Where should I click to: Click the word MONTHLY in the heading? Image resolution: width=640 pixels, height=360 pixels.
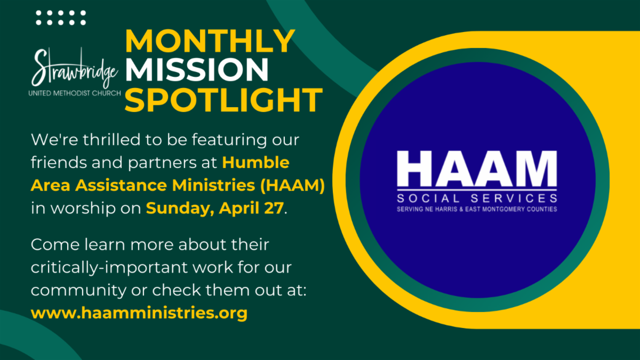(x=210, y=41)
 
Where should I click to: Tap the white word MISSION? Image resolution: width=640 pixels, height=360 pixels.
(x=197, y=70)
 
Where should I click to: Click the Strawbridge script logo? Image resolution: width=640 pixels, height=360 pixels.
(x=75, y=68)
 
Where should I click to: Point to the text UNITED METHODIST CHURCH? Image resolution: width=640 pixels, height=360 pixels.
(x=75, y=93)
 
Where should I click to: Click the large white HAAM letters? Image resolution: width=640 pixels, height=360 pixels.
(x=477, y=169)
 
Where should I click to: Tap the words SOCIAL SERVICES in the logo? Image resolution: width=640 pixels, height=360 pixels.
(x=477, y=198)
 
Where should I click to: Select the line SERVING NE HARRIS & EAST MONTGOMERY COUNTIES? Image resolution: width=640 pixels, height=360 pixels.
(x=477, y=209)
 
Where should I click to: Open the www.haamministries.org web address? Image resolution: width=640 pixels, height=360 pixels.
(x=139, y=313)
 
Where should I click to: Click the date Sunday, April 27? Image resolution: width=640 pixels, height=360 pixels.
(x=214, y=208)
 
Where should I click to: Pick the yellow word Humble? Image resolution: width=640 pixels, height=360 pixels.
(x=255, y=162)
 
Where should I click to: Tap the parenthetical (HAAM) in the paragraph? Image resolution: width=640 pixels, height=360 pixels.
(x=293, y=185)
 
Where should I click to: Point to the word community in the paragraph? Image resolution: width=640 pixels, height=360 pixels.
(x=78, y=291)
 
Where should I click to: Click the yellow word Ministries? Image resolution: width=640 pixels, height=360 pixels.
(x=213, y=185)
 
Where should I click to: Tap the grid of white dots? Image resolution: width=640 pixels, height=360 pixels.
(x=61, y=18)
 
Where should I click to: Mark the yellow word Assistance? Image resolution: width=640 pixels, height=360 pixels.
(x=121, y=185)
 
